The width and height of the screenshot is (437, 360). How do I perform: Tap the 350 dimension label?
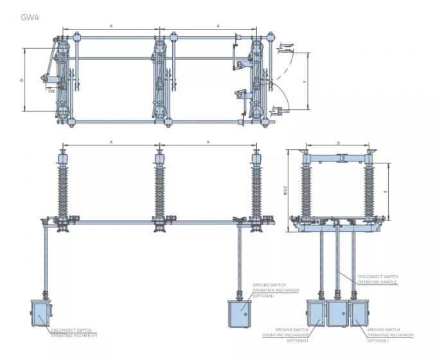click(x=51, y=91)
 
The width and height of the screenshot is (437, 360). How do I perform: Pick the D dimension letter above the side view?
click(x=338, y=143)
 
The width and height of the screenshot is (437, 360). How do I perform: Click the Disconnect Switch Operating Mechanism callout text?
click(x=75, y=333)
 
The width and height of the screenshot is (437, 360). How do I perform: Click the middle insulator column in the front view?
click(x=159, y=186)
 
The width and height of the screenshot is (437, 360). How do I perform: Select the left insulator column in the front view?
click(x=64, y=186)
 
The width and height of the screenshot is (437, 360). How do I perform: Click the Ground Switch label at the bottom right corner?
click(x=389, y=333)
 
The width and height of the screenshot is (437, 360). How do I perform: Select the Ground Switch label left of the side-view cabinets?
click(x=285, y=333)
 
